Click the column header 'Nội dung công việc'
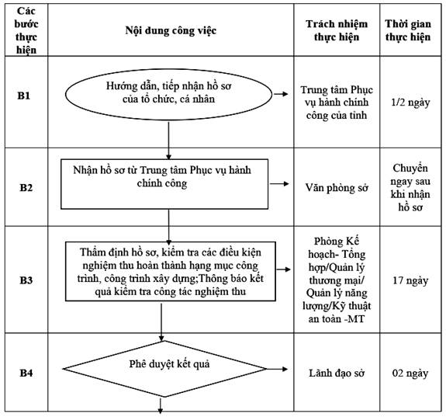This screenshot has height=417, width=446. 171,30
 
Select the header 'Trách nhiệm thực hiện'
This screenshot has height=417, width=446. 337,30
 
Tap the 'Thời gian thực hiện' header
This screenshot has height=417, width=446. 408,30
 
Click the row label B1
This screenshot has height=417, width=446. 24,96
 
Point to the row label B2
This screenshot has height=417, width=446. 26,188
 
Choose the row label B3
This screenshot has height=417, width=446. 26,280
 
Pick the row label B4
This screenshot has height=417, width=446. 26,373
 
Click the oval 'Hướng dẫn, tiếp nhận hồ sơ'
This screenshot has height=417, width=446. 168,94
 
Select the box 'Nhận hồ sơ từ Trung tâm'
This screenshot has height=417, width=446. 164,184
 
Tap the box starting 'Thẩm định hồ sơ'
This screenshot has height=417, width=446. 171,272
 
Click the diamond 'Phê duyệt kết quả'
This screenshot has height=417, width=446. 164,369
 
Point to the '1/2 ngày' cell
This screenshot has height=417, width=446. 410,103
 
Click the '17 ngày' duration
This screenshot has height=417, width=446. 410,280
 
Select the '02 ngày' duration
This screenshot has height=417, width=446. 410,374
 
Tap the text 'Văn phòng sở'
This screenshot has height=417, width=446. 337,188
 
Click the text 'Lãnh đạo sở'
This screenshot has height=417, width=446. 337,374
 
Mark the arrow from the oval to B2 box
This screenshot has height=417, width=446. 168,141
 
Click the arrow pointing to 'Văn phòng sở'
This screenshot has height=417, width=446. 279,184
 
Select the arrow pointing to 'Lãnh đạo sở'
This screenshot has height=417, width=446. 277,369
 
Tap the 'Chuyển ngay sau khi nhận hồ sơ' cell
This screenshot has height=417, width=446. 410,188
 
